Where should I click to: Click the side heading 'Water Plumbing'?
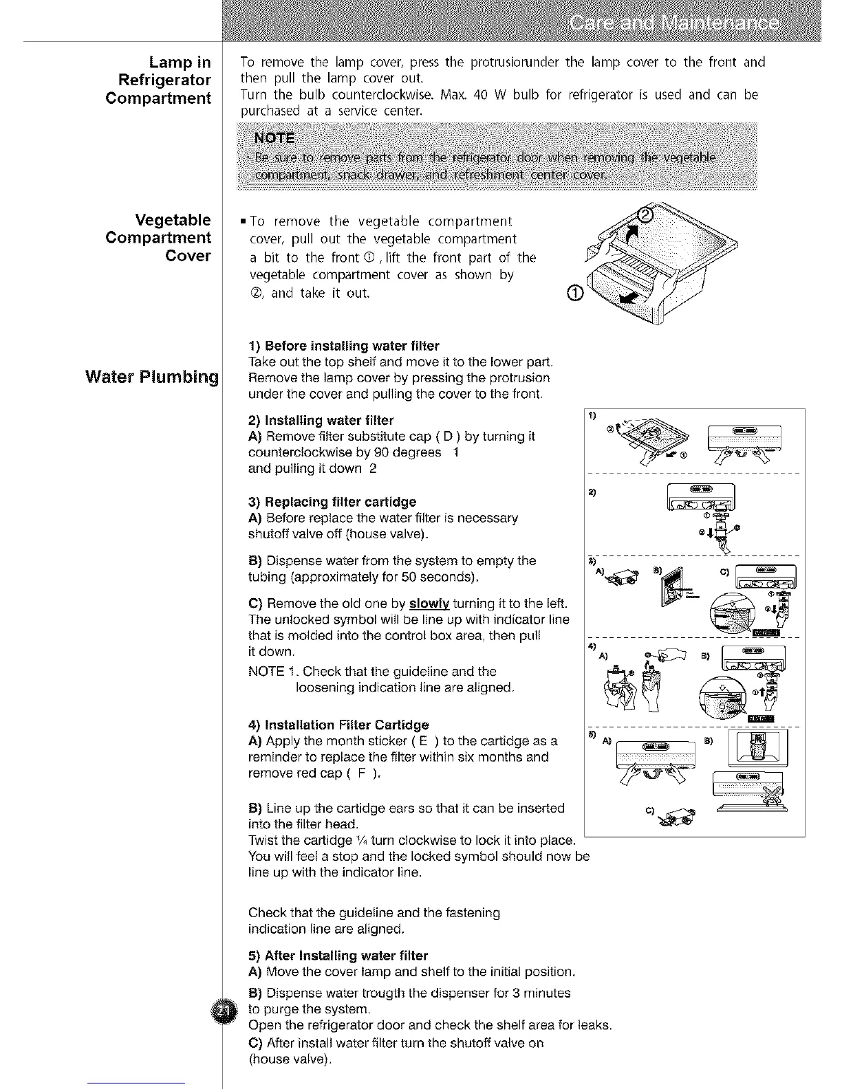click(152, 377)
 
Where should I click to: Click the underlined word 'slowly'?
click(429, 604)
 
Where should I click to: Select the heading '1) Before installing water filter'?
click(343, 345)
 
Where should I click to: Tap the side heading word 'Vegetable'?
click(173, 220)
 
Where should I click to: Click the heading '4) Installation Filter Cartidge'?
click(338, 725)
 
